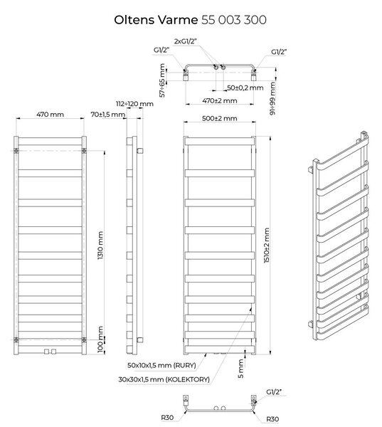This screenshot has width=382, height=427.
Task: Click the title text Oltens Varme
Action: pyautogui.click(x=156, y=20)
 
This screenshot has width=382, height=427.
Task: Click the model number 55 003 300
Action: pyautogui.click(x=234, y=20)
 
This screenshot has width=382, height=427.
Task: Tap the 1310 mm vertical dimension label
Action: pyautogui.click(x=100, y=245)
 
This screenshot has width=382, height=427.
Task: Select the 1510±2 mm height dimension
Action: pyautogui.click(x=267, y=245)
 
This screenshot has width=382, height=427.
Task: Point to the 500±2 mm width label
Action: pyautogui.click(x=219, y=118)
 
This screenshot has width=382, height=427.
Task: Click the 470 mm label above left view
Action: pyautogui.click(x=50, y=115)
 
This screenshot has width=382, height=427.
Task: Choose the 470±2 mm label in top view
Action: pyautogui.click(x=219, y=101)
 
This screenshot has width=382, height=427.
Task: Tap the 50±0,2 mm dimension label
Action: pyautogui.click(x=245, y=88)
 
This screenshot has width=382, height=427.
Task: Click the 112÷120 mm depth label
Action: pyautogui.click(x=134, y=104)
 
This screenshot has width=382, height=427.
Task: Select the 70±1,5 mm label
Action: pyautogui.click(x=108, y=115)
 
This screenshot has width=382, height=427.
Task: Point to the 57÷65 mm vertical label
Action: pyautogui.click(x=162, y=80)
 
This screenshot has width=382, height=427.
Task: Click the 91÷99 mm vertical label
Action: pyautogui.click(x=272, y=99)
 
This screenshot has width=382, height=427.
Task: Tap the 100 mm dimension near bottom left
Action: pyautogui.click(x=100, y=339)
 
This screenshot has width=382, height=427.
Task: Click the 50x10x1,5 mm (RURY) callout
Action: pyautogui.click(x=161, y=365)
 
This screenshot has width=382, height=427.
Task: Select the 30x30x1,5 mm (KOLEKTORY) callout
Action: pyautogui.click(x=164, y=379)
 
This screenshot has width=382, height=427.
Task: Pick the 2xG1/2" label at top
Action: pyautogui.click(x=186, y=41)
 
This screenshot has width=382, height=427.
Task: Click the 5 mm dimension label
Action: pyautogui.click(x=240, y=369)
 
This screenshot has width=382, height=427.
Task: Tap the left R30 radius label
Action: pyautogui.click(x=167, y=418)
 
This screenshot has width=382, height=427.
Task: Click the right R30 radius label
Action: pyautogui.click(x=272, y=419)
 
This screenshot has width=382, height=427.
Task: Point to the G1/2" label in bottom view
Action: pyautogui.click(x=274, y=392)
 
